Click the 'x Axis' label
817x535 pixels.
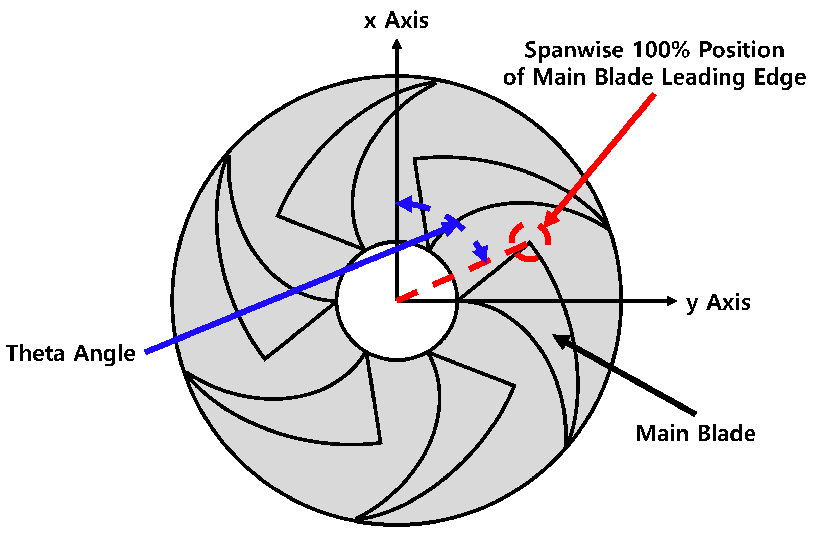[396, 21]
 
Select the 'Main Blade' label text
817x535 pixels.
[695, 434]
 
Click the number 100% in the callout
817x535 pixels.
[661, 50]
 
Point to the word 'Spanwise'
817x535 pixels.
[574, 50]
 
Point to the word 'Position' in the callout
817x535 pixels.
[742, 50]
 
